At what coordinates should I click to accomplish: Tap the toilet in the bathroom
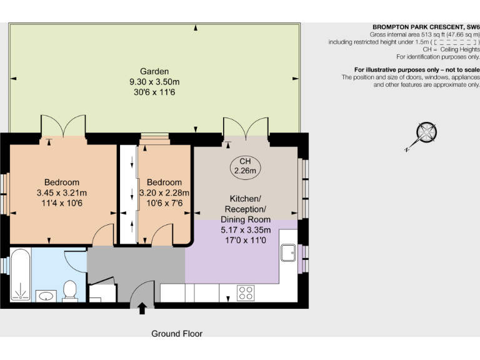70,290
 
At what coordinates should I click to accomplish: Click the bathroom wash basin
46,295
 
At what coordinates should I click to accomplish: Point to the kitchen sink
288,252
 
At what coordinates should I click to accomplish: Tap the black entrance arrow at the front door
142,307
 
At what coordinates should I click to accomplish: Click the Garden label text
154,71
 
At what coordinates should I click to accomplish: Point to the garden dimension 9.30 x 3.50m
154,82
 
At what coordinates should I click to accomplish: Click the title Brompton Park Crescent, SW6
426,27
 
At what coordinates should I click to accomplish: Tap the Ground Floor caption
177,334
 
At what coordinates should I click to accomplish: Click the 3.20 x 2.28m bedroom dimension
164,192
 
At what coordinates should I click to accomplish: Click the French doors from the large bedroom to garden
62,126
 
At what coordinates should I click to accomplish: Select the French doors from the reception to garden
246,127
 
